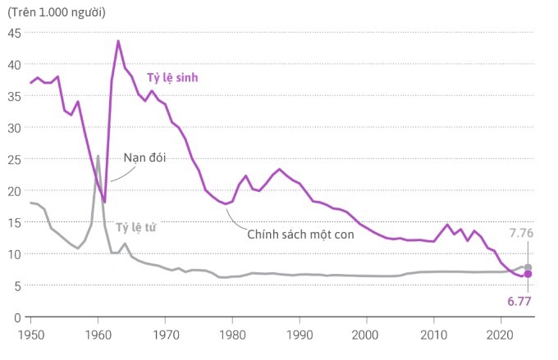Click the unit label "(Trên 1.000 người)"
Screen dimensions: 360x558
tap(57, 11)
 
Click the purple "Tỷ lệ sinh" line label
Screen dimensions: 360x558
tap(173, 77)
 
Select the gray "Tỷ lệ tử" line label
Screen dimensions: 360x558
tap(136, 227)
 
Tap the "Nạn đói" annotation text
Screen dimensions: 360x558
tap(144, 157)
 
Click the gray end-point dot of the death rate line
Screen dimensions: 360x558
tap(528, 267)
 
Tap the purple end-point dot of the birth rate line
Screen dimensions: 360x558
tap(528, 274)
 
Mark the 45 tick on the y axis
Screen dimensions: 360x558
tap(14, 33)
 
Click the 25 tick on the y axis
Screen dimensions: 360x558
tap(14, 159)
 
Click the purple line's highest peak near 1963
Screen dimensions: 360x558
tap(118, 41)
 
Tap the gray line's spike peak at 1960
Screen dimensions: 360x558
tap(98, 156)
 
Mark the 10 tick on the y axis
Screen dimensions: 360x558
tap(14, 254)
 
